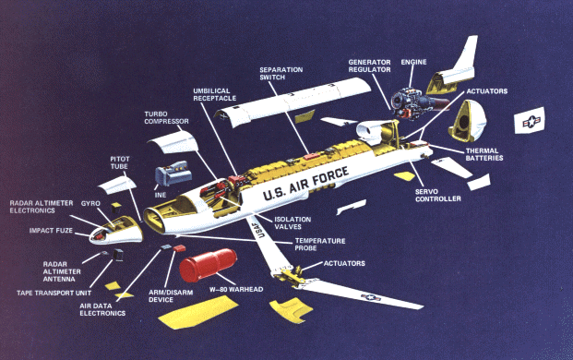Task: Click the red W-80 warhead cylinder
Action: [208, 265]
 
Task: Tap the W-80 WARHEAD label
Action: [236, 289]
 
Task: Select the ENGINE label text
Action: [413, 62]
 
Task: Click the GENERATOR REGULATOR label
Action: [369, 66]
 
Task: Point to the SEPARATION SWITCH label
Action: [281, 74]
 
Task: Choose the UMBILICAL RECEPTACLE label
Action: [214, 95]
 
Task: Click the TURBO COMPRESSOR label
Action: [166, 117]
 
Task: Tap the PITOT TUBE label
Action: [120, 162]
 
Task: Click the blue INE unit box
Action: [173, 174]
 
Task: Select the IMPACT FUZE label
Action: [51, 231]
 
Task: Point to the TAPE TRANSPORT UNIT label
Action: [54, 293]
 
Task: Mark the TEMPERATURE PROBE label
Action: [320, 244]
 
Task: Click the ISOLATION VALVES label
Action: [292, 223]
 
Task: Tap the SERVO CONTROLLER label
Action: [437, 195]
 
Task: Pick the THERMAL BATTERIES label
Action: [484, 154]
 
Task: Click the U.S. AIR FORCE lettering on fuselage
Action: [305, 184]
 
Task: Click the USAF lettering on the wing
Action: [258, 229]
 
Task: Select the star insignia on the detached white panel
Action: [531, 121]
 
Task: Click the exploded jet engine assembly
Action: [416, 103]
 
